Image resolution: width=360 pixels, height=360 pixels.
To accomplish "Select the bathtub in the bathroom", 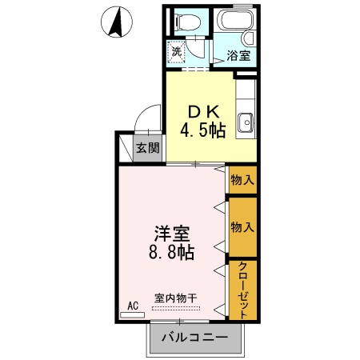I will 235,24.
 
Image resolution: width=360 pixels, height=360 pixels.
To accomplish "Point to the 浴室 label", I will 238,56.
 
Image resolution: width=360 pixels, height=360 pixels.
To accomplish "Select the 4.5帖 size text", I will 202,130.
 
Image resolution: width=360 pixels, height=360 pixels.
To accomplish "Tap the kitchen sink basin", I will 246,123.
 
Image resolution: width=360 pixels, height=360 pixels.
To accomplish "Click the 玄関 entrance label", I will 146,147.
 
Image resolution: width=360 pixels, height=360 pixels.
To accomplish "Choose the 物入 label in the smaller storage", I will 242,180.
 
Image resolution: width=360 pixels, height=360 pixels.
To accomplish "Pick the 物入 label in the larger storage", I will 242,226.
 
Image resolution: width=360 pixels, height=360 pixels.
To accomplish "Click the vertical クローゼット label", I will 242,290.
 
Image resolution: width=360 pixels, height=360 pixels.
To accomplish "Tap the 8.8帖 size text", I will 172,254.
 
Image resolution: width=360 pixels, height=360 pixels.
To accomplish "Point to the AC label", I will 134,306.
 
